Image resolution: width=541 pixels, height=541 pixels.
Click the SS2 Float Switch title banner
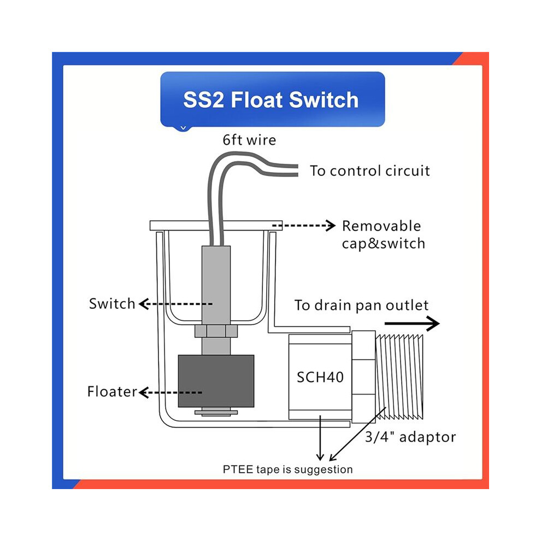[273, 99]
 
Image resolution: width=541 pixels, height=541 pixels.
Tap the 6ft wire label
[249, 140]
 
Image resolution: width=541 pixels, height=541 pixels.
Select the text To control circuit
[369, 171]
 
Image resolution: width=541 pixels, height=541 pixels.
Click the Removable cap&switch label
[383, 234]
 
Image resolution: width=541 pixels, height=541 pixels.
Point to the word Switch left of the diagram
[112, 304]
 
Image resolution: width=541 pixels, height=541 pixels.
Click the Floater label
[112, 392]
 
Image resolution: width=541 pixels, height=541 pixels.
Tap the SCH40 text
[320, 377]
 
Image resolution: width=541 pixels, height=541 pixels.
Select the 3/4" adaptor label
[410, 437]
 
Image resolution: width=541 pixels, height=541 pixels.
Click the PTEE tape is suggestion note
[288, 469]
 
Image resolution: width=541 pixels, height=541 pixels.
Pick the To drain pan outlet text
[361, 305]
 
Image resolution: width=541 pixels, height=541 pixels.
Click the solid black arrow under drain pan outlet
[412, 324]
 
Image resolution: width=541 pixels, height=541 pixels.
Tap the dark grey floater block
[216, 381]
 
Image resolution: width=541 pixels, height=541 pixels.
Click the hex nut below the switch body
[216, 331]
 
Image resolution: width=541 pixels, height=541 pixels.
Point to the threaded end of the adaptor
[399, 377]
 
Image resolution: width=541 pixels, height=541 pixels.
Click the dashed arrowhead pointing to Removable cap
[331, 226]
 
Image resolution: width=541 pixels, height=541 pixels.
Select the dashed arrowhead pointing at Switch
[144, 304]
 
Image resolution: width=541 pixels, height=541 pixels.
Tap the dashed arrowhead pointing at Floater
[144, 393]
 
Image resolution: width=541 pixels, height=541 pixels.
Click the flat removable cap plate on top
[216, 226]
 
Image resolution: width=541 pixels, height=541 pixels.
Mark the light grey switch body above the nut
[216, 285]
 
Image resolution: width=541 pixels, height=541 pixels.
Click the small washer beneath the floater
[216, 412]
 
